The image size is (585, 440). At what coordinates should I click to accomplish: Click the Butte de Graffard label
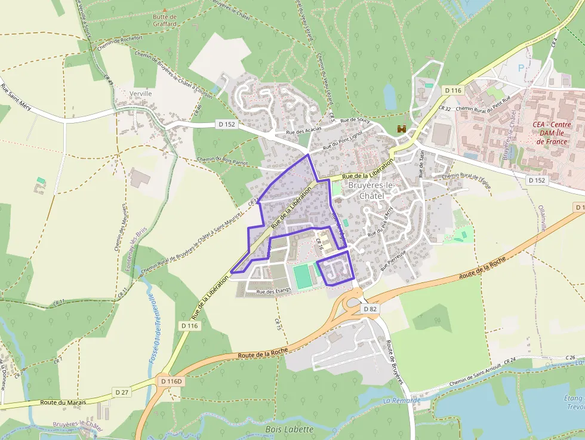(165, 21)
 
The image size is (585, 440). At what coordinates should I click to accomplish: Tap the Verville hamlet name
(141, 94)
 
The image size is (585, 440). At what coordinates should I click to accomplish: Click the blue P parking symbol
(521, 69)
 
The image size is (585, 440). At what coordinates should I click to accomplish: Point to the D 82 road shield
(370, 309)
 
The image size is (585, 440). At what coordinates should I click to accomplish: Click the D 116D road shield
(171, 380)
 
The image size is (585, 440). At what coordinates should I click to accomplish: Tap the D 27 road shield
(122, 392)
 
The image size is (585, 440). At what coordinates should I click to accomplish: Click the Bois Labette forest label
(289, 429)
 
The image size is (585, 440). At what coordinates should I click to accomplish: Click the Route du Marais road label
(63, 402)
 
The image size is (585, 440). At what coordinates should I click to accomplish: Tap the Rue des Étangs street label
(273, 291)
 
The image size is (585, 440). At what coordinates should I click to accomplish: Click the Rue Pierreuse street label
(392, 260)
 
